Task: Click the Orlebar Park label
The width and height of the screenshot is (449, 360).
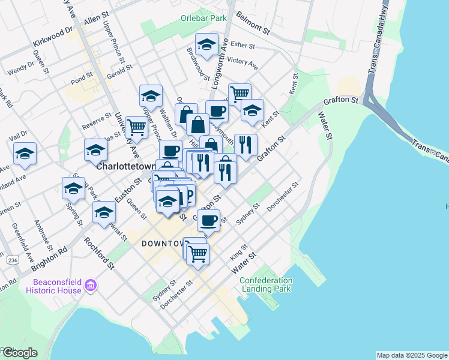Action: point(203,18)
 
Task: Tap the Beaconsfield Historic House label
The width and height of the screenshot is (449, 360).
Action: point(53,286)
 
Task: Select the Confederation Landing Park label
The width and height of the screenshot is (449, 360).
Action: point(267,284)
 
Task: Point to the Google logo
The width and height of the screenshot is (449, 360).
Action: point(19,353)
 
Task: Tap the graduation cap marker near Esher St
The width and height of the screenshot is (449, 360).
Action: point(206,46)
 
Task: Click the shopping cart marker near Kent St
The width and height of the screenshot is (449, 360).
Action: point(240,94)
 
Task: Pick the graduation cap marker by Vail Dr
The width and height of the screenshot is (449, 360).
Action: point(25,153)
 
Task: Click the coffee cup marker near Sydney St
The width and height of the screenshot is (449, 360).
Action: point(208,220)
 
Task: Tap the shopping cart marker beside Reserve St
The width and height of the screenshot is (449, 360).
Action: point(137,127)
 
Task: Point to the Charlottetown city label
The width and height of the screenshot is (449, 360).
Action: point(126,166)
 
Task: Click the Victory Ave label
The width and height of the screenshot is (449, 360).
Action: point(243,61)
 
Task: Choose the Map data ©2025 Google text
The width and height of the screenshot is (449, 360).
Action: point(412,355)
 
